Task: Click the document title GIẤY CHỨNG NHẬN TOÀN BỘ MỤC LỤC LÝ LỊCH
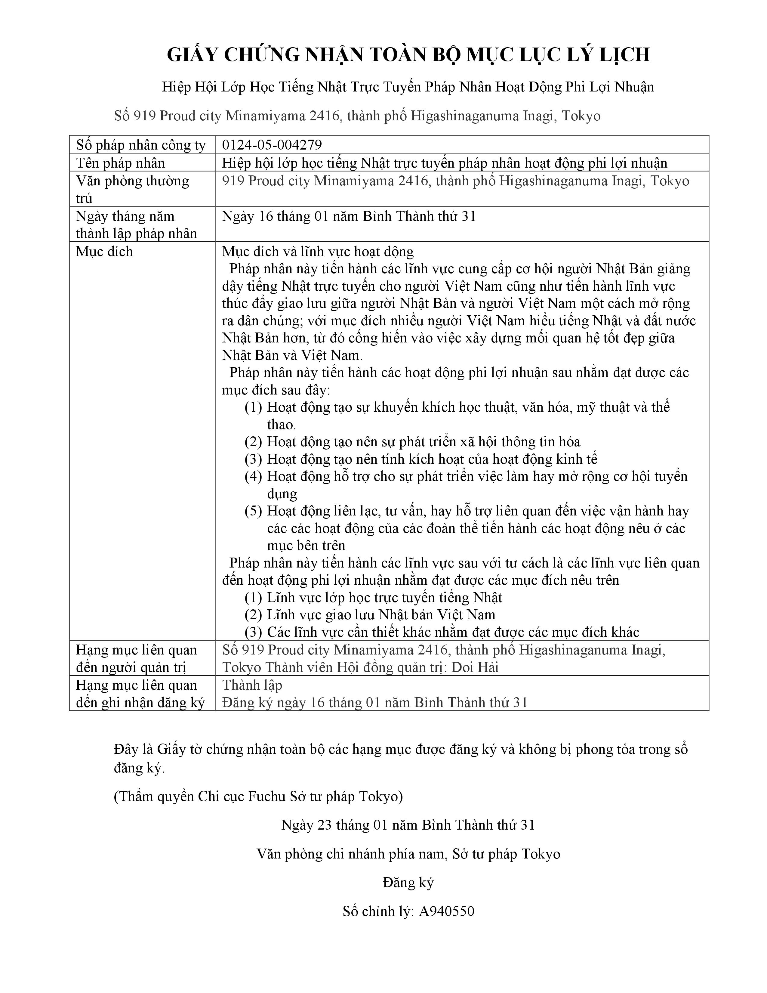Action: pos(408,54)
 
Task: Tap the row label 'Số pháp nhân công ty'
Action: pos(141,145)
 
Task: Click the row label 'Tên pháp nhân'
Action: pos(120,163)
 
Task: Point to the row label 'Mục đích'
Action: pos(104,252)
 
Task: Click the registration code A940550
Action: pos(447,911)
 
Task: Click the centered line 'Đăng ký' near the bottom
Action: pos(408,883)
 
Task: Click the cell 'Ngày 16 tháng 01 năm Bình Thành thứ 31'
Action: pos(349,216)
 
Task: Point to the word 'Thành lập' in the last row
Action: pos(252,685)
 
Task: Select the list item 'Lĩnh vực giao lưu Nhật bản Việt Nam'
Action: pos(381,615)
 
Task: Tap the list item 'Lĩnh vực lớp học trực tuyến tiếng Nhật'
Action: pos(384,597)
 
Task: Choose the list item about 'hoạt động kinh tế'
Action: pos(432,459)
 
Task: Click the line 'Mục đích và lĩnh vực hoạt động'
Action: pos(318,252)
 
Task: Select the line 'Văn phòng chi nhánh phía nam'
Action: pos(408,854)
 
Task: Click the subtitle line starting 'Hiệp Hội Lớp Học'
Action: pos(408,87)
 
